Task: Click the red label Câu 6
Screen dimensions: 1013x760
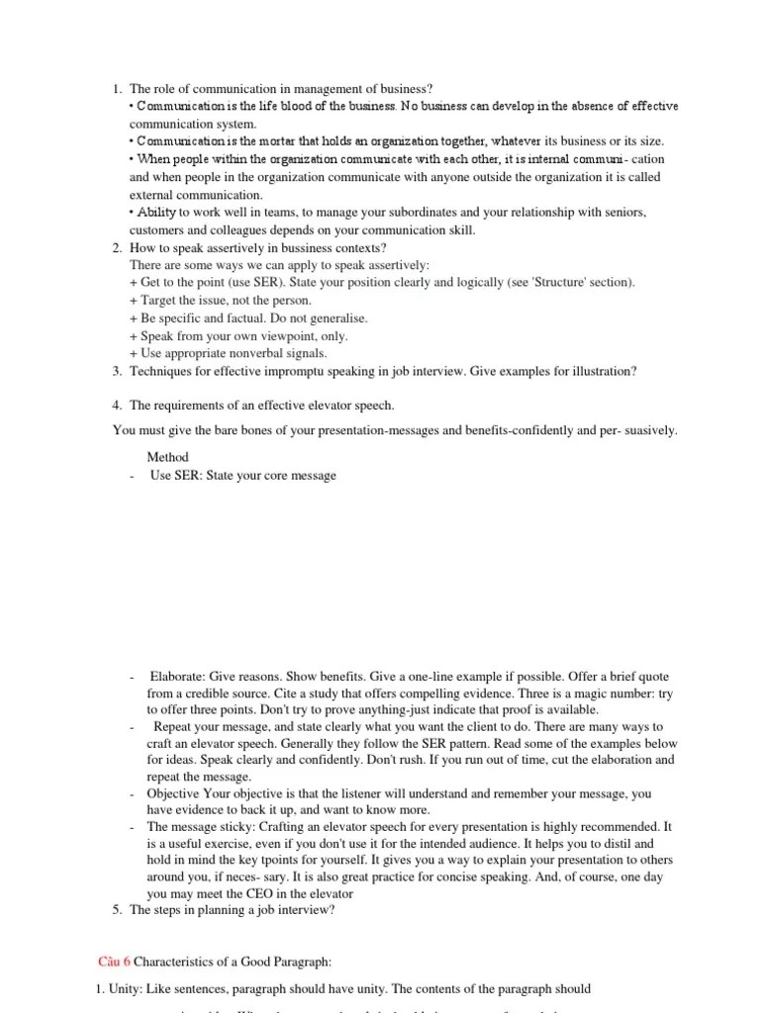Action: pos(114,961)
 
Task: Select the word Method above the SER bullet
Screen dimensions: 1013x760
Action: pos(168,457)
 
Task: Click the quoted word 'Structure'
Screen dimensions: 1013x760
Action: pos(556,282)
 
